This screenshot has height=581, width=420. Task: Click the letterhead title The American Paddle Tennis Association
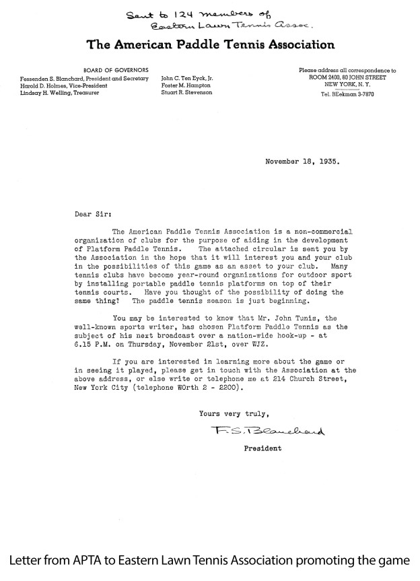pyautogui.click(x=211, y=45)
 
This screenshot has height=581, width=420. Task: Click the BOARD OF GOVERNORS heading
pyautogui.click(x=111, y=70)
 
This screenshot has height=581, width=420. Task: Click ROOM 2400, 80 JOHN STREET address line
pyautogui.click(x=348, y=77)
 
